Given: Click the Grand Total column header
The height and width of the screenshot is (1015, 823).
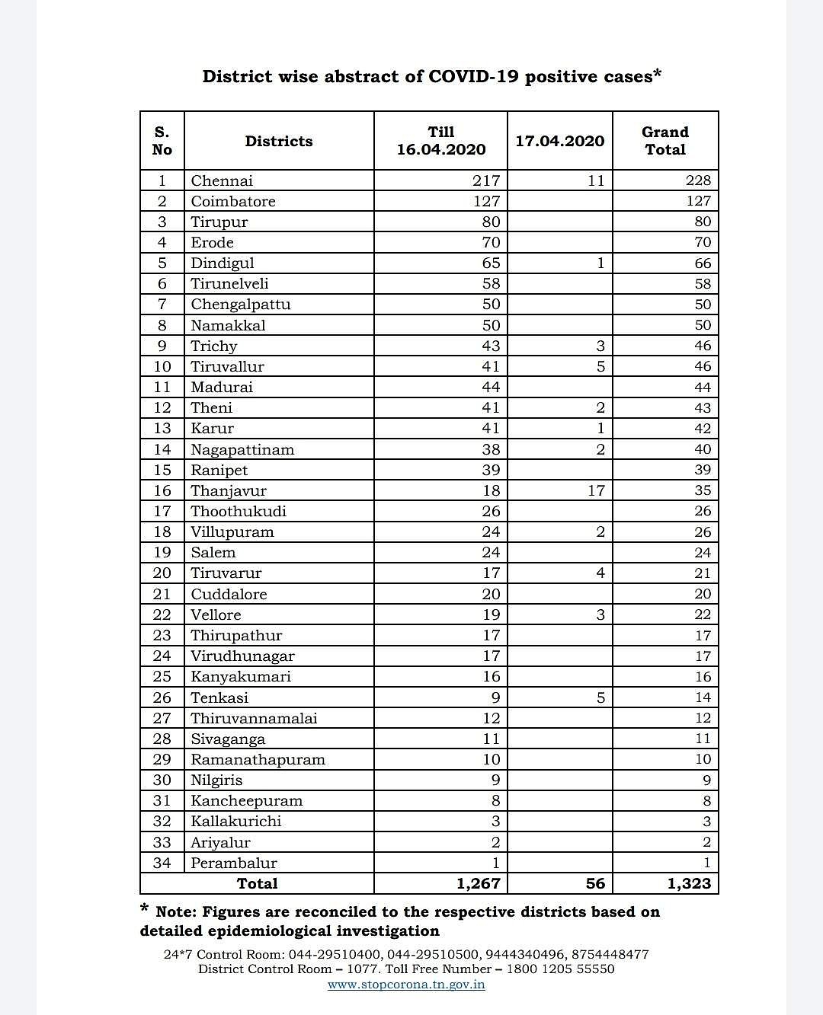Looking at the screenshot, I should [x=665, y=141].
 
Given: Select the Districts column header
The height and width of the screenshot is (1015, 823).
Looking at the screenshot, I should [x=279, y=141].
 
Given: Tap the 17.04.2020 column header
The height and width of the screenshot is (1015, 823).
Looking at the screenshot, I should [x=559, y=141].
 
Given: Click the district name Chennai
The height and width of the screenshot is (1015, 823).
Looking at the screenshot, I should [x=222, y=180].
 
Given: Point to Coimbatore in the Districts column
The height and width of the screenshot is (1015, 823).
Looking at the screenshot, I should [x=233, y=201].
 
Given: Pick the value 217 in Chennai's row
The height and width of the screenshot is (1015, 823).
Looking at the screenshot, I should [x=486, y=180].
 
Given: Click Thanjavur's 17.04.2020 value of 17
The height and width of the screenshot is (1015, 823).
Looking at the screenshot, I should [x=596, y=490].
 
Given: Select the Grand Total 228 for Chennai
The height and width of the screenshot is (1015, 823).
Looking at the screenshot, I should [x=698, y=180].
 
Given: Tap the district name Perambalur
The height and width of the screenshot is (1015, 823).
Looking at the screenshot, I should [x=234, y=863].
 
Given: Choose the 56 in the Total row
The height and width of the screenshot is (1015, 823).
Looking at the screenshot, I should [x=595, y=883].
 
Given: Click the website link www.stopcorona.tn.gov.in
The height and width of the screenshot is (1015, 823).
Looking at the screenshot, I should [x=406, y=985].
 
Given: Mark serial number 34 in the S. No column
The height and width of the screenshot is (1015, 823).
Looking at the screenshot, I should [x=162, y=863].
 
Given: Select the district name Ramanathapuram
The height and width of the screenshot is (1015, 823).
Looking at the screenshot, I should [x=258, y=759].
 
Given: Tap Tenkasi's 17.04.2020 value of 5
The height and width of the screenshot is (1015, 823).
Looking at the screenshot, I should [x=600, y=697].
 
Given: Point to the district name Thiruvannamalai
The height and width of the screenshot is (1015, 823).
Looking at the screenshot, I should [x=254, y=718].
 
